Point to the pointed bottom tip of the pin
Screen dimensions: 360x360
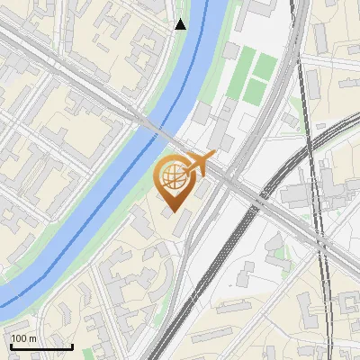tap(173, 211)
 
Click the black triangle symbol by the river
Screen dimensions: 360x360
tap(181, 24)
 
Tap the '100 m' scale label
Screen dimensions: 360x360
tap(24, 338)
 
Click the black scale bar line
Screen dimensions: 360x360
tap(41, 346)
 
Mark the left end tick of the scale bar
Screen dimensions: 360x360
tap(11, 345)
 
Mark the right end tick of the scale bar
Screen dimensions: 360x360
tap(72, 345)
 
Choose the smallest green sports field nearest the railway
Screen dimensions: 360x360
tap(265, 66)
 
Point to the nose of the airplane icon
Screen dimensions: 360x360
tap(214, 156)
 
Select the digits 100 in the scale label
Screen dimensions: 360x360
tap(20, 338)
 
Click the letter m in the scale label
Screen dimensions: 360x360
tap(32, 338)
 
